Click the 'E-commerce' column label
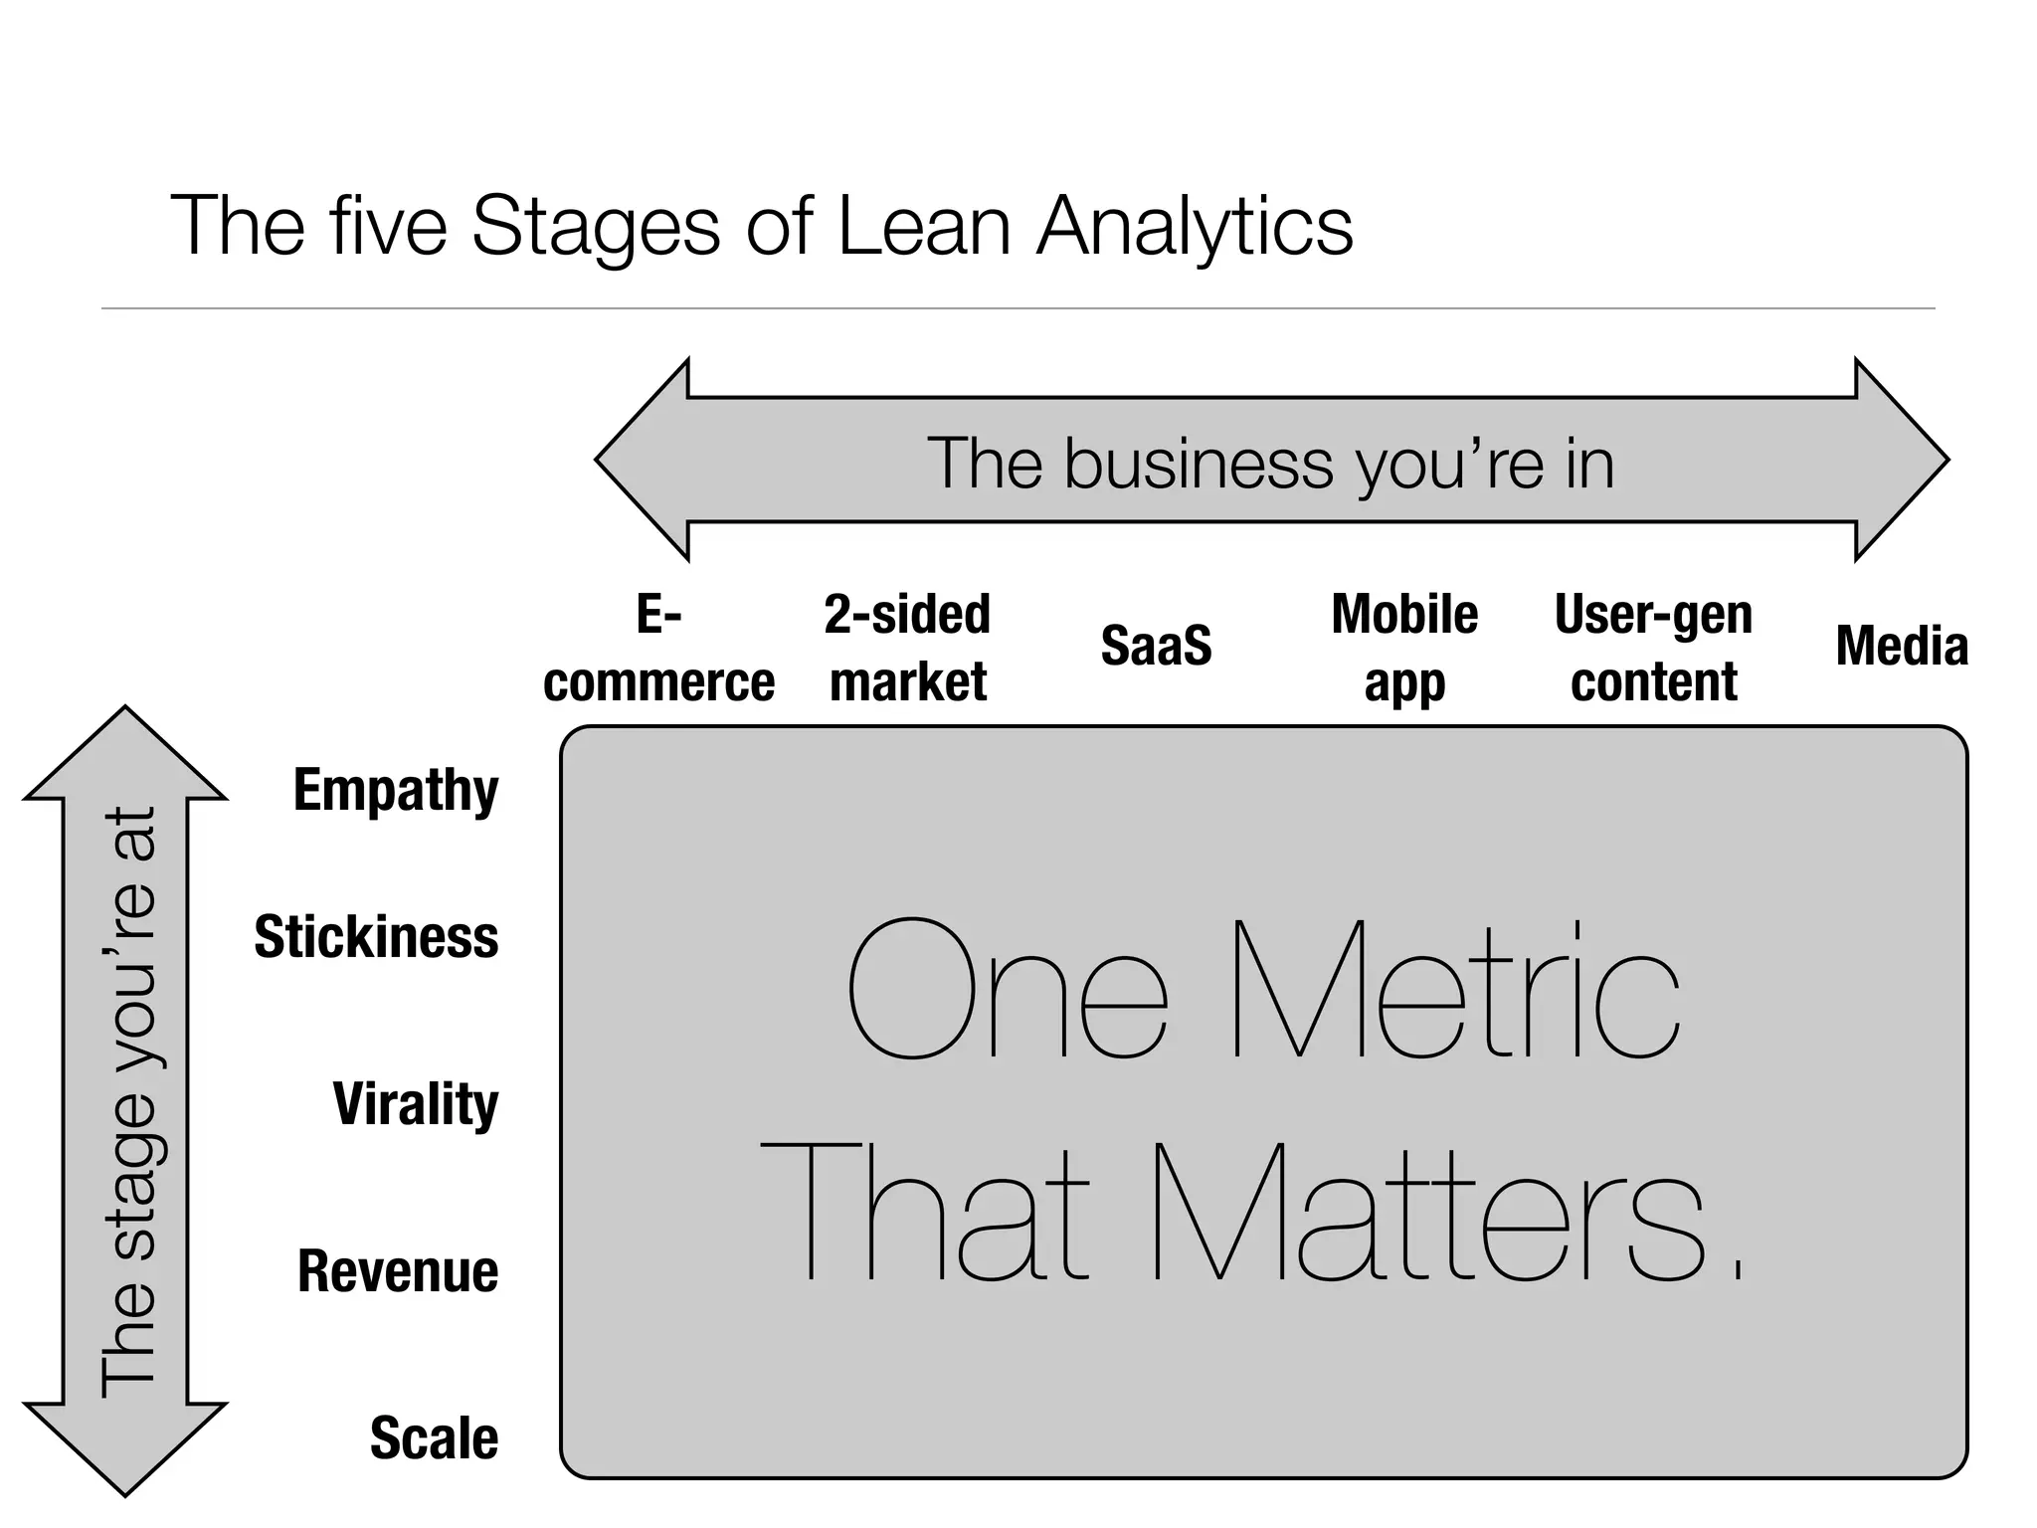tap(658, 648)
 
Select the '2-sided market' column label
tap(907, 648)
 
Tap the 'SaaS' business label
tap(1156, 646)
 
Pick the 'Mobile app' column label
tap(1404, 648)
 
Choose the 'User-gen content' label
tap(1653, 648)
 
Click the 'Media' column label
tap(1901, 646)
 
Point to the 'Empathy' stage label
tap(396, 790)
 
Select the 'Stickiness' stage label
tap(376, 937)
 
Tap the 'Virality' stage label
tap(415, 1104)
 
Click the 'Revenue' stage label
tap(398, 1271)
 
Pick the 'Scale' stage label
tap(434, 1438)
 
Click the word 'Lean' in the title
tap(924, 226)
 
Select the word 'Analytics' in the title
tap(1195, 228)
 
